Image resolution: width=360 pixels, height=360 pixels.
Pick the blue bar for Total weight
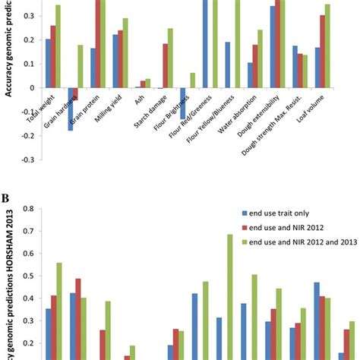click(48, 63)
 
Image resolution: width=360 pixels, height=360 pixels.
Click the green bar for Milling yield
click(125, 52)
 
